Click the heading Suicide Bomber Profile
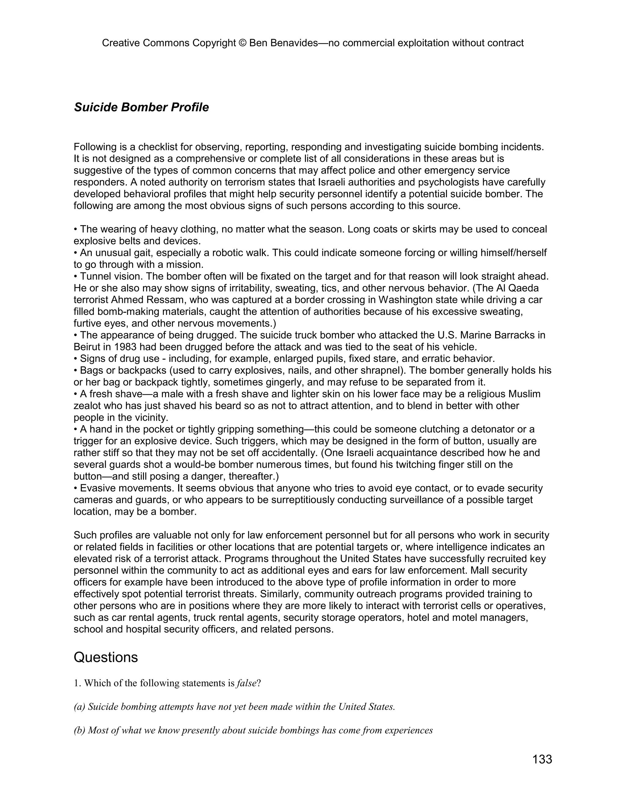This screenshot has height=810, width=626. (141, 108)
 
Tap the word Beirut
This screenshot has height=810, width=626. (86, 347)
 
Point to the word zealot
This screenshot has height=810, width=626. (87, 406)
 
